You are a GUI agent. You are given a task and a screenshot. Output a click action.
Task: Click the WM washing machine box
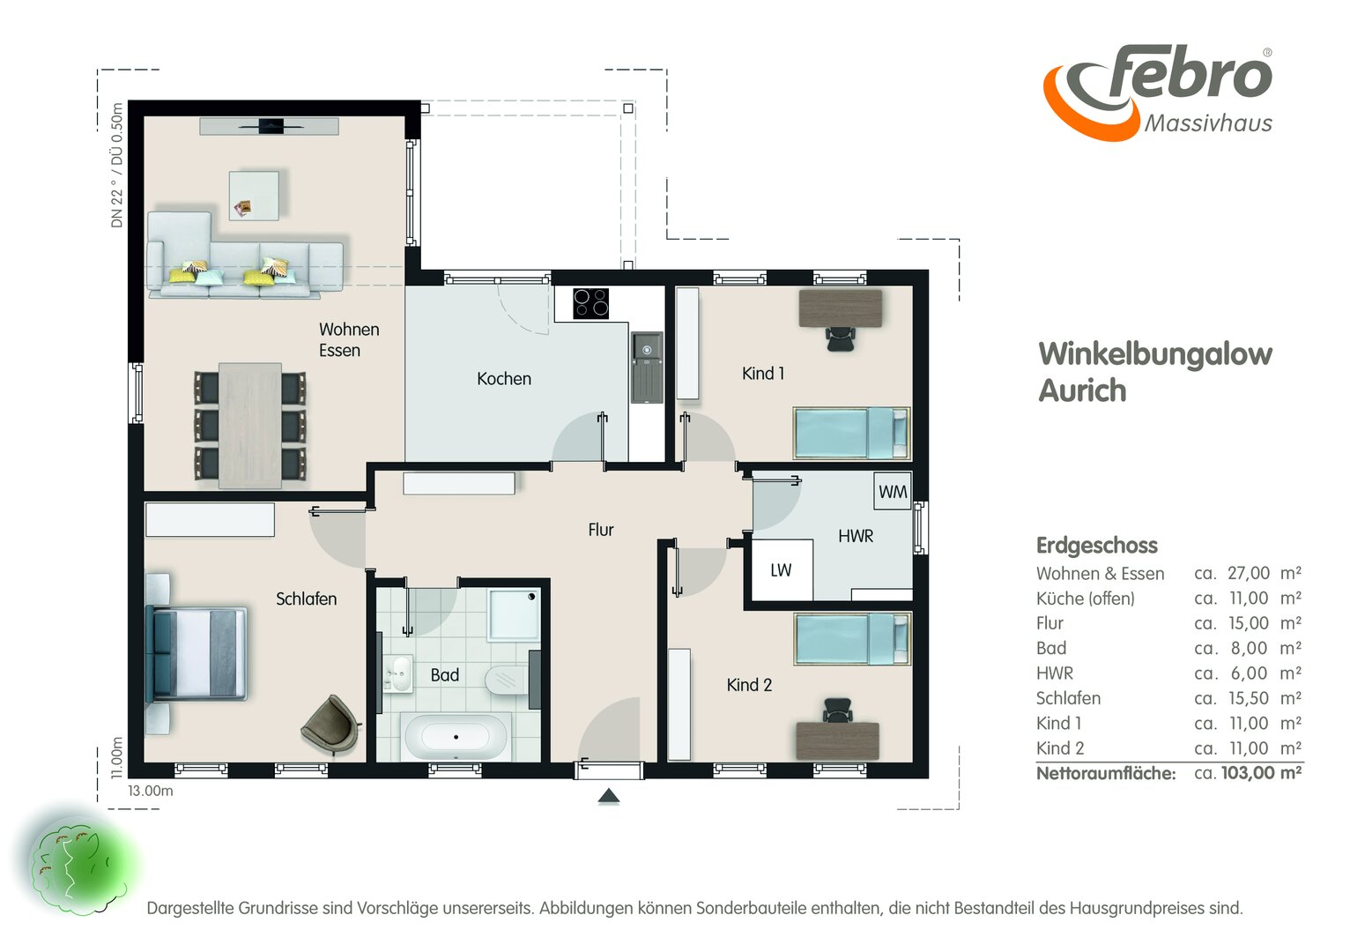893,491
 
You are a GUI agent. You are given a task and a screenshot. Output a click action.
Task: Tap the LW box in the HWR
782,569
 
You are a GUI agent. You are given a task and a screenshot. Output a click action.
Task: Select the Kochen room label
504,379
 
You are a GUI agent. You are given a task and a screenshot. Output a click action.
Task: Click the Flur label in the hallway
600,530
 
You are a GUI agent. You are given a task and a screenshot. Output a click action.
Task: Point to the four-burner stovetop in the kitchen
590,303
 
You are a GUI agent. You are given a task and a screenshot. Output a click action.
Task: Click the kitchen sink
647,368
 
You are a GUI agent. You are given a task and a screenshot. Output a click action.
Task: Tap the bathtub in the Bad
456,737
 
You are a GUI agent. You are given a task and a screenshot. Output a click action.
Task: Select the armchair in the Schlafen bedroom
330,725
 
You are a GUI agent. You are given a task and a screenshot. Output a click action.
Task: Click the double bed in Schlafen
197,654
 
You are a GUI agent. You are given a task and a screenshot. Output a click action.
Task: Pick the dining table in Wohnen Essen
249,426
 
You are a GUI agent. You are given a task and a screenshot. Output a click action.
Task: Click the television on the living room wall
271,126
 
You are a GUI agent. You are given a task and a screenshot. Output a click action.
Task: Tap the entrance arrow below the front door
609,796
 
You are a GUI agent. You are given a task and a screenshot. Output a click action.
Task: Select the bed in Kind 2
851,639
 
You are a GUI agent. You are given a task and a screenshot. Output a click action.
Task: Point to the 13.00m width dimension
150,791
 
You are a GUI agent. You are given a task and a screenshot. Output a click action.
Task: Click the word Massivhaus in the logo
1208,123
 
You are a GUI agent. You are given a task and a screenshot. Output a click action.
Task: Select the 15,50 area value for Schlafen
1247,698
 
